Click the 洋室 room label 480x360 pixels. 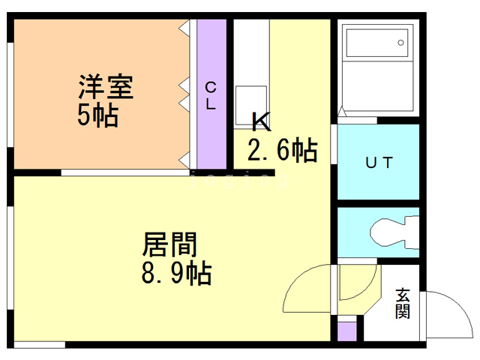click(x=106, y=88)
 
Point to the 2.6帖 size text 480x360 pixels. click(x=281, y=150)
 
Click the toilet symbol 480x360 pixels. click(x=393, y=232)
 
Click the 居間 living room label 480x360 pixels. click(x=169, y=244)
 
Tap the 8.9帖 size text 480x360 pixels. click(x=176, y=272)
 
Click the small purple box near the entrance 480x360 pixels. click(x=346, y=331)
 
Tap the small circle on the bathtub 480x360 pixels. click(x=400, y=42)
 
